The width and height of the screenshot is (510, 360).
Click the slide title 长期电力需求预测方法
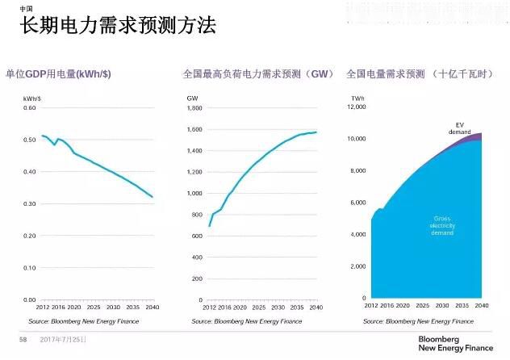click(x=118, y=26)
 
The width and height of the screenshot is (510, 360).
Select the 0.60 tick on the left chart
click(x=29, y=108)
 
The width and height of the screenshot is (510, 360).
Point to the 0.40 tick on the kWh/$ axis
click(x=29, y=172)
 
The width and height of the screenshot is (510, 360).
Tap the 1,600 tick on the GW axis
click(x=194, y=130)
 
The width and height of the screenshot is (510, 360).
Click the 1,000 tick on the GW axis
click(x=194, y=194)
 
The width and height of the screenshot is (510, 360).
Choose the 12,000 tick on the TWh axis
click(x=357, y=108)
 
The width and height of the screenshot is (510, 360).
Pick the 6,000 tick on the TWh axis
click(x=358, y=203)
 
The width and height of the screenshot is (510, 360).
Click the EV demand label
click(x=459, y=128)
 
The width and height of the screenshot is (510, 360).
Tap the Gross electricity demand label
click(x=442, y=226)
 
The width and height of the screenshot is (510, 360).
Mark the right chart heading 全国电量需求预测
click(x=386, y=74)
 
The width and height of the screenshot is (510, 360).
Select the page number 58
click(x=23, y=340)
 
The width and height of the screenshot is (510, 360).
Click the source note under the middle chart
click(x=246, y=321)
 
